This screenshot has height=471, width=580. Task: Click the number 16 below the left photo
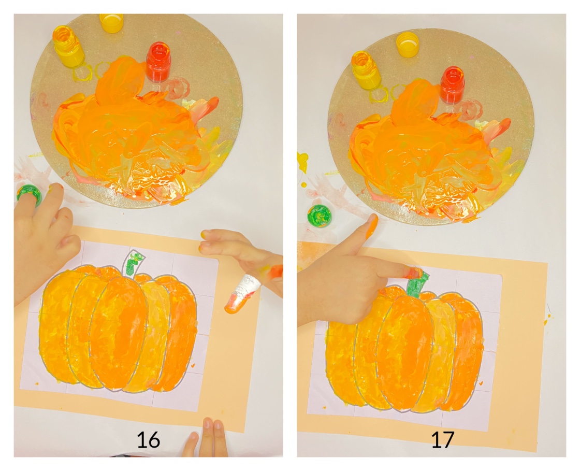click(x=148, y=440)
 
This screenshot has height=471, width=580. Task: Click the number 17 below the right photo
click(x=443, y=439)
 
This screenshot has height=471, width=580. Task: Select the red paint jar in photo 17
click(x=452, y=84)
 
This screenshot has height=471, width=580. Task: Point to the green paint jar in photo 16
click(x=28, y=194)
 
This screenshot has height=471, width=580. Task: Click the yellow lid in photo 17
click(x=407, y=44)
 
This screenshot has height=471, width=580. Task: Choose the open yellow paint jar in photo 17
click(x=366, y=69)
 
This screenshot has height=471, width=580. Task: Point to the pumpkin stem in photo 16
click(x=133, y=263)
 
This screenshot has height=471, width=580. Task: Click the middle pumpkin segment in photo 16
click(x=119, y=332)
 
